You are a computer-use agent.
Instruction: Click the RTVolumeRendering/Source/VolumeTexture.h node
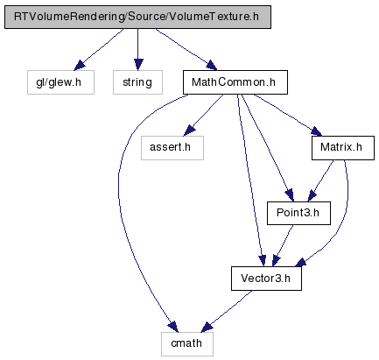pos(137,17)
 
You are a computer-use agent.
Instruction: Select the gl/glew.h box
pos(60,82)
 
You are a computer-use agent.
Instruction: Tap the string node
pos(137,82)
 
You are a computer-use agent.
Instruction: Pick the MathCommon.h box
pos(235,82)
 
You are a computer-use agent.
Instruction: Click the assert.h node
pos(172,148)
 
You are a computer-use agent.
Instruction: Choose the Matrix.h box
pos(343,148)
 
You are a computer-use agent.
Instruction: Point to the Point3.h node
pos(298,213)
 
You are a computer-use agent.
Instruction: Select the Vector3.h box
pos(266,279)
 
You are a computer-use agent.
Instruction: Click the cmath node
pos(187,344)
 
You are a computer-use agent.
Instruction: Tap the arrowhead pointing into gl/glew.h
pos(79,66)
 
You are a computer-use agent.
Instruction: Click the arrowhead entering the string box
pos(138,65)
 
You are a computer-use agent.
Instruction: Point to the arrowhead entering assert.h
pos(189,131)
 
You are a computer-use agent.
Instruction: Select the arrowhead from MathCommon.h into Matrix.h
pos(316,131)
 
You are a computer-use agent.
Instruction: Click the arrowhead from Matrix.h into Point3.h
pos(312,195)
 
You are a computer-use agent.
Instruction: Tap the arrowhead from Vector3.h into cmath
pos(207,327)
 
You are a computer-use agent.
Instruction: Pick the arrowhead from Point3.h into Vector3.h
pos(276,261)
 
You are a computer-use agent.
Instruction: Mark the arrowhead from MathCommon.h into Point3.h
pos(289,195)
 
